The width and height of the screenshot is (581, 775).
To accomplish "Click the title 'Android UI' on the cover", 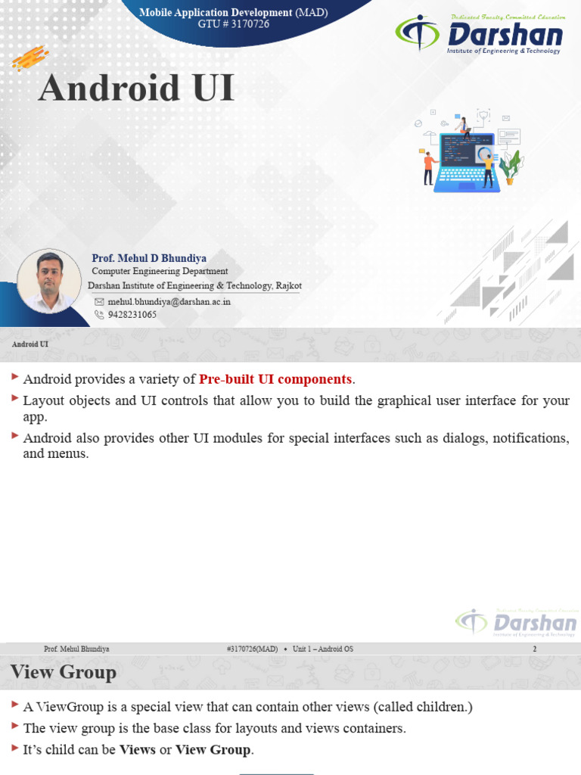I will point(136,89).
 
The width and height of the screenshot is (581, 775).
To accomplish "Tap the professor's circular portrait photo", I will point(49,282).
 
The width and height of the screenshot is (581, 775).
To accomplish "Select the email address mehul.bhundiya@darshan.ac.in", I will point(169,301).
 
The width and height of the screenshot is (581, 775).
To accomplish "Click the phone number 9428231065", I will point(132,315).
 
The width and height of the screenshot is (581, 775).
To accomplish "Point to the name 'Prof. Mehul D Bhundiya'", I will point(149,258).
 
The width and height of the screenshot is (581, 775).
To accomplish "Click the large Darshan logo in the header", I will point(480,35).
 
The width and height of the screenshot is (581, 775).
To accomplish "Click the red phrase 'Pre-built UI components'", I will point(275,379).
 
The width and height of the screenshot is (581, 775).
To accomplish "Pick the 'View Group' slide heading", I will point(64,672).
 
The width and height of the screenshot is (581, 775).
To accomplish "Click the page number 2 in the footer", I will point(535,649).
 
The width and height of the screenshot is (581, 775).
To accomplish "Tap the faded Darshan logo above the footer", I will point(516,622).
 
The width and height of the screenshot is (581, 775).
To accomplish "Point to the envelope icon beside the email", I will point(99,301).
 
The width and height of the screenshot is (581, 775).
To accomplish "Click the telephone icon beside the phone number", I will point(99,315).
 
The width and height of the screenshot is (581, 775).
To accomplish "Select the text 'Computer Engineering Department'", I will point(160,271).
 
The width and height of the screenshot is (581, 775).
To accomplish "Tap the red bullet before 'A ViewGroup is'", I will point(15,705).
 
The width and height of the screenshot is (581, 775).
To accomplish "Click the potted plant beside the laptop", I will point(511,167).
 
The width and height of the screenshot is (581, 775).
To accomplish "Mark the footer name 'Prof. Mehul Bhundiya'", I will point(76,649).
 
